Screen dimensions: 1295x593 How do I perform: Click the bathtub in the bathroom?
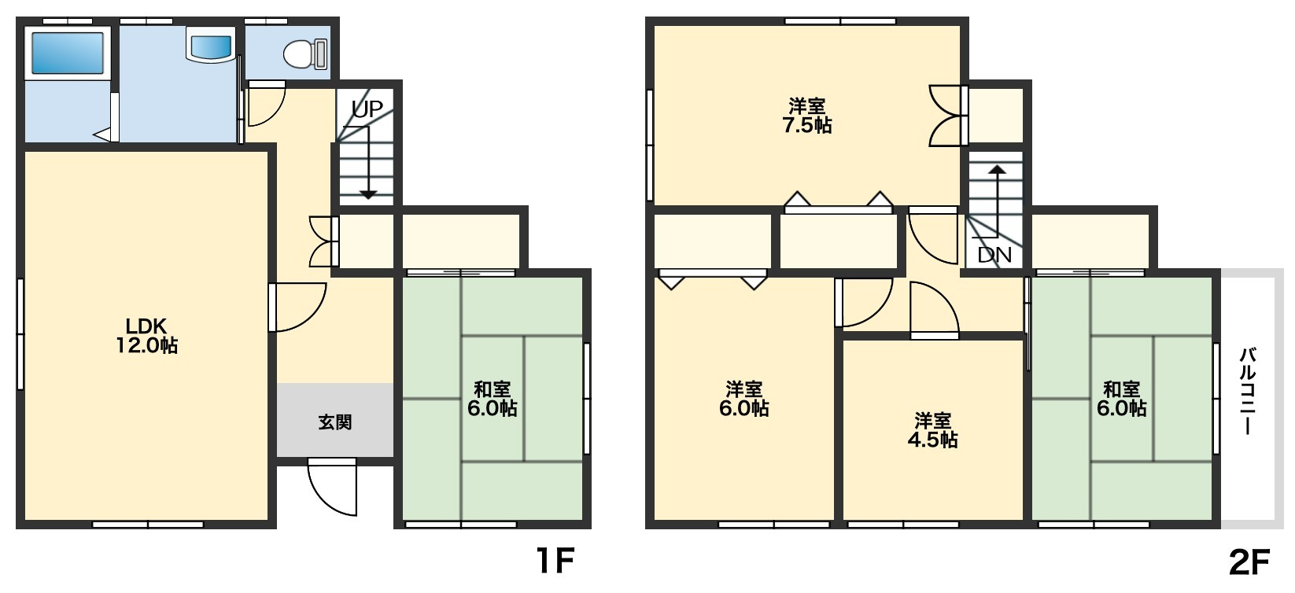[x=67, y=53]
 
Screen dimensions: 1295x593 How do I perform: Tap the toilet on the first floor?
[x=305, y=53]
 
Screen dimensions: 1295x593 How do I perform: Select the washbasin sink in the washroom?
[x=210, y=46]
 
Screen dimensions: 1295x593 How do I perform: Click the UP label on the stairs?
[x=367, y=109]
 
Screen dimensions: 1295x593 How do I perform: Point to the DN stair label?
[x=994, y=255]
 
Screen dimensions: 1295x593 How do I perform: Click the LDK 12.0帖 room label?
[x=147, y=335]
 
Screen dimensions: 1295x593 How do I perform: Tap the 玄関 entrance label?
[x=335, y=422]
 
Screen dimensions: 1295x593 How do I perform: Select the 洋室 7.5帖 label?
[x=807, y=116]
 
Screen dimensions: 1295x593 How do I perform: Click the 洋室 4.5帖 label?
[x=932, y=430]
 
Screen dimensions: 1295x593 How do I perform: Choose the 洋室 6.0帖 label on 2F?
[x=744, y=399]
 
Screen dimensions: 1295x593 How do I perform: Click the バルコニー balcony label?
[x=1247, y=392]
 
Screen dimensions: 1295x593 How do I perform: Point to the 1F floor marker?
[x=555, y=561]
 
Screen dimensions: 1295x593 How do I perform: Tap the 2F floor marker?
[x=1249, y=562]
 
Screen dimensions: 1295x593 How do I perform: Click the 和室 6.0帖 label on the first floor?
[x=492, y=399]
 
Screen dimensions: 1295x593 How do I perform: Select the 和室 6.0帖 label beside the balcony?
[x=1122, y=399]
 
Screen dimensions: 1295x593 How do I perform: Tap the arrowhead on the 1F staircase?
[x=368, y=195]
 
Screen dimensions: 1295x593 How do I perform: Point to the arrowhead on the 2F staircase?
[x=998, y=170]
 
